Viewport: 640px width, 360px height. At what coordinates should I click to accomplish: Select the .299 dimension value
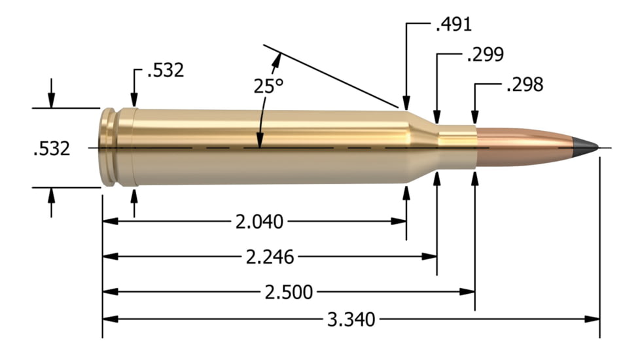(x=485, y=55)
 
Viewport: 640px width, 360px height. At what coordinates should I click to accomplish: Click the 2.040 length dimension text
(x=259, y=222)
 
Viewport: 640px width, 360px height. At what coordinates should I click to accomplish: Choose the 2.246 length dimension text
(x=269, y=257)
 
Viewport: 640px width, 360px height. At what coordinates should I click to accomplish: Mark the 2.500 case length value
(x=287, y=291)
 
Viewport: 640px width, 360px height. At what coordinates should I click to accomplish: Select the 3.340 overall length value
(x=351, y=320)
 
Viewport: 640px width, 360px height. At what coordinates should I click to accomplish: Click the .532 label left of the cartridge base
(x=51, y=149)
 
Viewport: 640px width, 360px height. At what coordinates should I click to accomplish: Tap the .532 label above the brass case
(x=166, y=70)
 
